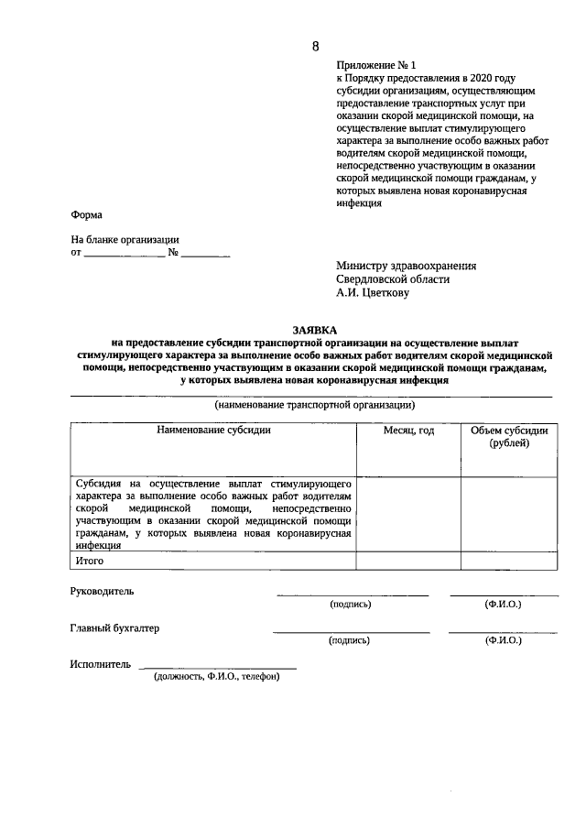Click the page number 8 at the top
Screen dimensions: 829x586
[316, 46]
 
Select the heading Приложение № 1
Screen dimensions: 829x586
[375, 66]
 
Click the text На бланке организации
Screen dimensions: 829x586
[125, 239]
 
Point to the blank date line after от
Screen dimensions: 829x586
[125, 254]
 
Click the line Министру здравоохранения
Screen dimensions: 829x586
[406, 266]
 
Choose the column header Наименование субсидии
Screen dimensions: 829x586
[213, 430]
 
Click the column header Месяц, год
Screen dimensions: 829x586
[408, 430]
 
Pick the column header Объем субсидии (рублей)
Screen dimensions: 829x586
[508, 436]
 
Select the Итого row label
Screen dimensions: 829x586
[90, 560]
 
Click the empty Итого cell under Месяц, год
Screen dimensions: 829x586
[408, 560]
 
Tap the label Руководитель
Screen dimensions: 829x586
[103, 591]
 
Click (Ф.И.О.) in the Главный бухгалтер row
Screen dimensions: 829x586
[503, 641]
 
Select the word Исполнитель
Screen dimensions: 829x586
[100, 664]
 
